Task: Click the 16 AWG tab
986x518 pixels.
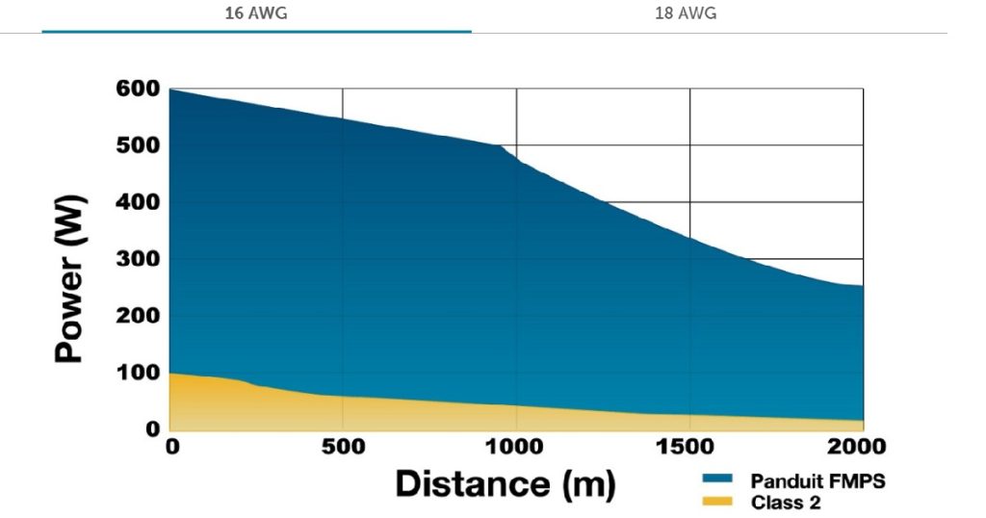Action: click(255, 14)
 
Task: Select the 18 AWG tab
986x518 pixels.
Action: click(686, 14)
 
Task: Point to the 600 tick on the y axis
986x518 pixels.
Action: click(138, 89)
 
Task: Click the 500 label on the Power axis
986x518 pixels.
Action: click(138, 145)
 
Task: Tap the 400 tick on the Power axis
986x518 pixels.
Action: click(138, 202)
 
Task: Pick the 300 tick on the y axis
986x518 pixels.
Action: click(138, 259)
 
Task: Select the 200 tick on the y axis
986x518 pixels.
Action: click(138, 316)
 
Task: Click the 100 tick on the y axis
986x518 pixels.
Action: click(138, 373)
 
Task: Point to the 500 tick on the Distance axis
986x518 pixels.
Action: click(344, 448)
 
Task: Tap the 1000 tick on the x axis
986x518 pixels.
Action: click(517, 448)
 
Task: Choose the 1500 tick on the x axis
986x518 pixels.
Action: click(690, 448)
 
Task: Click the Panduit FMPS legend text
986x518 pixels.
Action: click(817, 479)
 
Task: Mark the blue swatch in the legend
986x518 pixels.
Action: click(718, 479)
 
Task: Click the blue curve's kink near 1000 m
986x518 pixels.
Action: click(503, 146)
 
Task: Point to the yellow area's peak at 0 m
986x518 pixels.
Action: click(171, 374)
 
